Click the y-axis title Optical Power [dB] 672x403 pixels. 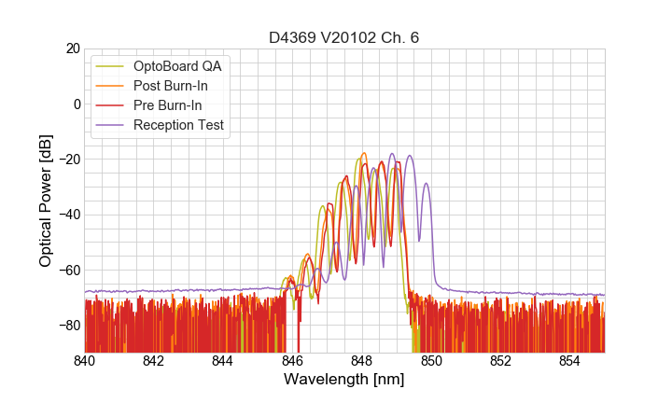point(46,201)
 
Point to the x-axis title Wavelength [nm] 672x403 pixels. point(344,381)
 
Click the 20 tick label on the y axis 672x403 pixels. point(71,49)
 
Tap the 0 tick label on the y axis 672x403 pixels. point(76,104)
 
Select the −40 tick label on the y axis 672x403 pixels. point(67,215)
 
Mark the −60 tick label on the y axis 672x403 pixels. point(67,270)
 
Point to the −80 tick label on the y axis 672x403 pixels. point(67,325)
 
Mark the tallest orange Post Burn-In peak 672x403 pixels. point(364,154)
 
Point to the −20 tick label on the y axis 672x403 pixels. point(67,159)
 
